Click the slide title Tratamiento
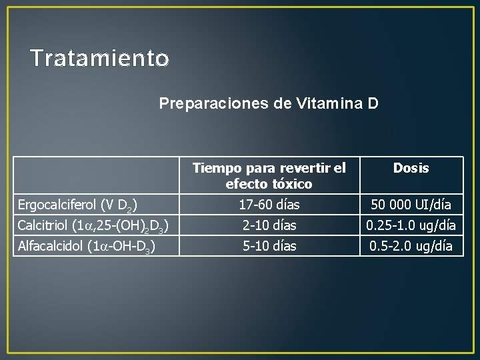pos(99,59)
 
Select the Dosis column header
pos(411,169)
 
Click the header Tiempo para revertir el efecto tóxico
pos(269,175)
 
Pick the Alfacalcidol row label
pos(87,247)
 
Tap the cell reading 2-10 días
pos(269,225)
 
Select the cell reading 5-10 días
pos(269,246)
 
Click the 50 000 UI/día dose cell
pos(411,204)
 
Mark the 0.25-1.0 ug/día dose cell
pos(411,225)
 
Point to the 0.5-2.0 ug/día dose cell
pos(411,246)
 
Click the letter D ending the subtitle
pos(373,103)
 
